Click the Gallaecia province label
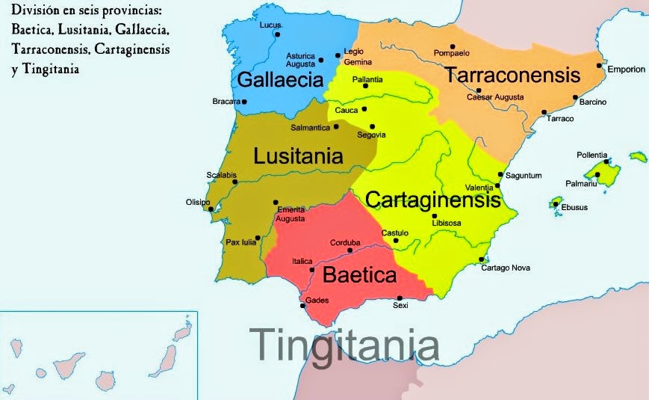279,80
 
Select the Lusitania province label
298,156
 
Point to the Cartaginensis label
432,200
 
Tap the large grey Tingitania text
344,344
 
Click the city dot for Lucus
277,34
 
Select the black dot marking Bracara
244,102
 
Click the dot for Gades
302,305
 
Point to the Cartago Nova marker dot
480,259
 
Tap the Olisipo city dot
210,209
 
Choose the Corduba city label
345,243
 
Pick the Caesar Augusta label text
494,97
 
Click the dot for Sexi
400,298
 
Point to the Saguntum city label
524,176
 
